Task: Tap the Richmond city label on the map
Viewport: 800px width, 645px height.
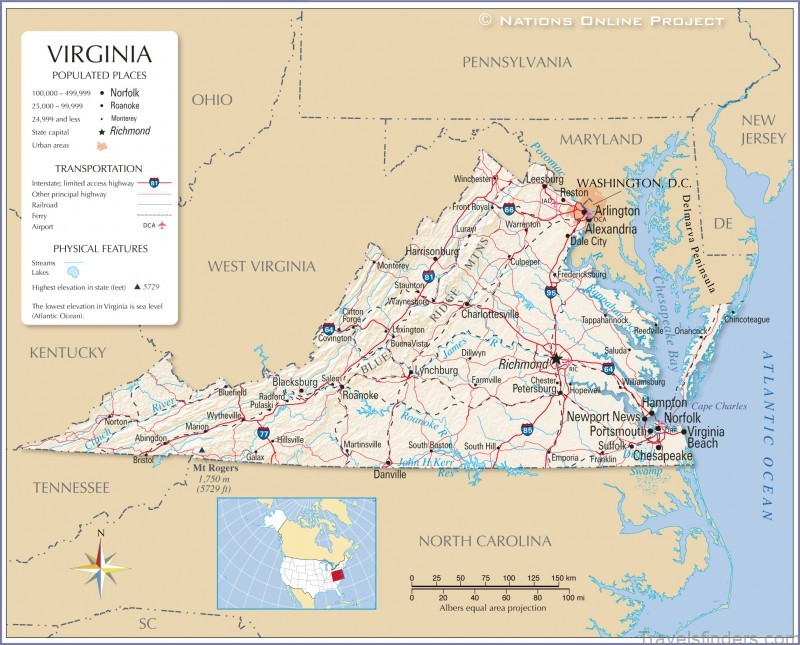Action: click(x=522, y=364)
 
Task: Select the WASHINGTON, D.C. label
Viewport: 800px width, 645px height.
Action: click(x=634, y=183)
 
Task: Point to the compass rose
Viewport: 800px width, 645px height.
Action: click(x=100, y=566)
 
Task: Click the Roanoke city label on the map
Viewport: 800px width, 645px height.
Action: click(x=360, y=395)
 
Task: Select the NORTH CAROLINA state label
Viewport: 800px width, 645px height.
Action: click(x=484, y=541)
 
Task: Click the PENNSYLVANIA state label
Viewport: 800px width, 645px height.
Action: click(x=516, y=62)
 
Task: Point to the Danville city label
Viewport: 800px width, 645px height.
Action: click(x=389, y=475)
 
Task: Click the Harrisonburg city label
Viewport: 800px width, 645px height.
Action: click(x=431, y=251)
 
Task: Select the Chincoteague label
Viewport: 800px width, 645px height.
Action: click(x=746, y=319)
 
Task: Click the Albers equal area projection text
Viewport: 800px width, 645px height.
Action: click(x=493, y=608)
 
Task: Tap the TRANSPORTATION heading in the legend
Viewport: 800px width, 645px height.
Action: click(x=98, y=168)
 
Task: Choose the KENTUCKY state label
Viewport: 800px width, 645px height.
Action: click(x=67, y=352)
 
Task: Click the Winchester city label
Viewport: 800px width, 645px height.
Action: click(x=473, y=179)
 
